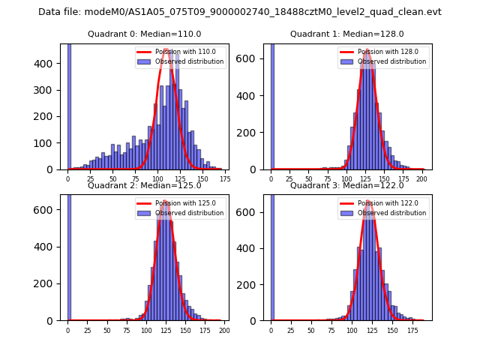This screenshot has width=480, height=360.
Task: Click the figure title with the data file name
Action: pos(240,12)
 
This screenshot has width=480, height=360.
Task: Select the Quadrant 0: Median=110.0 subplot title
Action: pos(145,34)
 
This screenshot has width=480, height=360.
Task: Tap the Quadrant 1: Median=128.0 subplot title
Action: pos(347,34)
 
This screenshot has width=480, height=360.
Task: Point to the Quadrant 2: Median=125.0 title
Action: pos(145,185)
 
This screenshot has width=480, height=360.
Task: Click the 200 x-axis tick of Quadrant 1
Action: pos(421,179)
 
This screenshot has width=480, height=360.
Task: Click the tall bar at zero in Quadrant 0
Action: pos(69,105)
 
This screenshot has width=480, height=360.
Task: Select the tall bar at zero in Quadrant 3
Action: pos(271,255)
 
